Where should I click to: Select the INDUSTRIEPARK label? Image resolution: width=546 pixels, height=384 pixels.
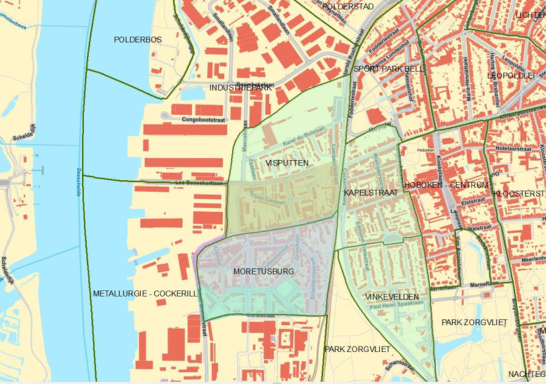[x=240, y=88]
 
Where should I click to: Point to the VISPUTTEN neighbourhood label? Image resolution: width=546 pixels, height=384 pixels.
[x=287, y=163]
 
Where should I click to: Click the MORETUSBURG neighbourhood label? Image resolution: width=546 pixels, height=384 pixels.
[x=264, y=271]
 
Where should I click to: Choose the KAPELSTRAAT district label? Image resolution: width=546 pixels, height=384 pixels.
[x=371, y=193]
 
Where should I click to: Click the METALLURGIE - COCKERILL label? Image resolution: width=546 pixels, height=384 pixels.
[x=145, y=294]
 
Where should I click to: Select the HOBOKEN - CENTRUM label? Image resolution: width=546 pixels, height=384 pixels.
[x=447, y=185]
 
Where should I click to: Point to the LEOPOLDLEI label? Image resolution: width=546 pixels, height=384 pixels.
[x=511, y=75]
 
